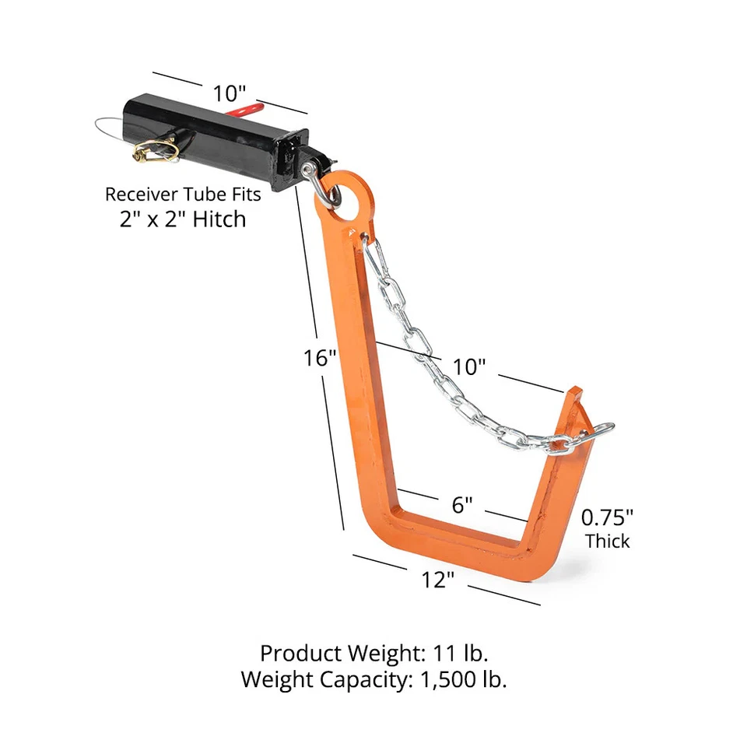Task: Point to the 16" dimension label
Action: point(320,359)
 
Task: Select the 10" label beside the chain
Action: point(468,366)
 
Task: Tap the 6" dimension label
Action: point(462,505)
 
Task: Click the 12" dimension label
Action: point(438,580)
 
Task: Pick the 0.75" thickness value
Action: point(607,516)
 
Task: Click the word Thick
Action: point(608,541)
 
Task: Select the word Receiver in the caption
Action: point(138,193)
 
